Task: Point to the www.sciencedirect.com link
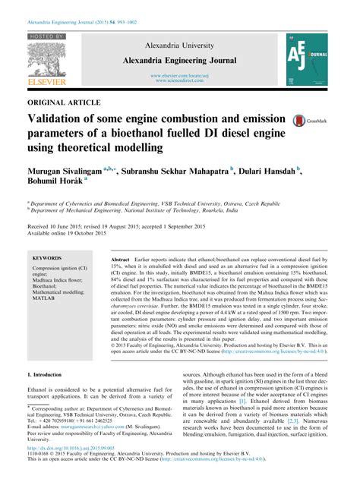[180, 81]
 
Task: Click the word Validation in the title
[60, 119]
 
